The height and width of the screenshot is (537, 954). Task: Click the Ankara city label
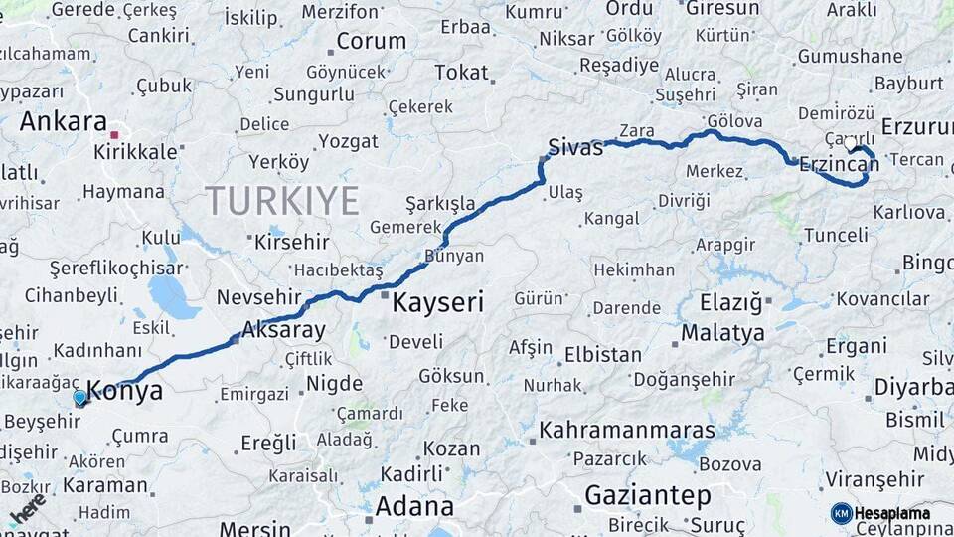click(64, 121)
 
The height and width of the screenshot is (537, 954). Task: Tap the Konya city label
click(125, 391)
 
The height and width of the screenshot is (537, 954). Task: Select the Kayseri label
click(437, 303)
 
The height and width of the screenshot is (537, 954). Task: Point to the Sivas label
click(575, 149)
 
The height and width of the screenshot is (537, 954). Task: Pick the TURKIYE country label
click(282, 201)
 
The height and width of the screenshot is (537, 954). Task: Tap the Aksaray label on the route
click(283, 331)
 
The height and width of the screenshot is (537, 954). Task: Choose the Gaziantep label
click(647, 495)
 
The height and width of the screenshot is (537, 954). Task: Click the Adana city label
click(415, 506)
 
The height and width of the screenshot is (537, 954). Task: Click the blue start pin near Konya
click(80, 399)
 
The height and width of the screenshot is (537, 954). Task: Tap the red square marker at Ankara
click(115, 134)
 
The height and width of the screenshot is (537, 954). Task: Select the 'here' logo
click(29, 508)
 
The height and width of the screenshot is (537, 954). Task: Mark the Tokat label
click(462, 73)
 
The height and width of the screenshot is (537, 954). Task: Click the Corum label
click(371, 42)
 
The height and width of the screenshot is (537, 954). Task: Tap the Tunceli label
click(835, 235)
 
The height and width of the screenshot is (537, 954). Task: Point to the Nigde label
click(335, 383)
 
